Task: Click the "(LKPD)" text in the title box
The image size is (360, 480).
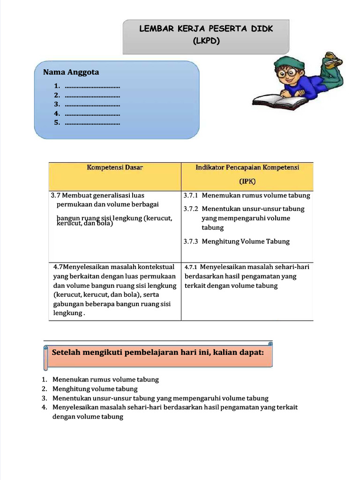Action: [x=206, y=41]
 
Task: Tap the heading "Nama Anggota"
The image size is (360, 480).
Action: [x=71, y=72]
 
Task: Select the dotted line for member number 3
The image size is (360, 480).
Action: [x=92, y=105]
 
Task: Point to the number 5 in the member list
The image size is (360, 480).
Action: [x=57, y=123]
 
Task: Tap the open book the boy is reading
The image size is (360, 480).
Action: [x=279, y=101]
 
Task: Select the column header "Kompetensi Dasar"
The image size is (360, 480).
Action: [x=114, y=167]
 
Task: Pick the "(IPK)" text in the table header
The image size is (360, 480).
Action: [x=247, y=181]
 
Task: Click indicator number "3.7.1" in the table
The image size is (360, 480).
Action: [x=191, y=195]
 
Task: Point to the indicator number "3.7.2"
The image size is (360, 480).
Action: [x=191, y=209]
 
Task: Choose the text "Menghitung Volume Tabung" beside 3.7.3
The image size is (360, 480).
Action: [x=246, y=241]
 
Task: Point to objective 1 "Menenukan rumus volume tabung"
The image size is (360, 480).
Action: [x=105, y=380]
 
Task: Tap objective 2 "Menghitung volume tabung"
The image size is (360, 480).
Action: [x=95, y=389]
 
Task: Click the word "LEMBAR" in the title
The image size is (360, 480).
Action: [x=154, y=29]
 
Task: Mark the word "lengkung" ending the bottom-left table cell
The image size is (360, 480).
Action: [x=67, y=313]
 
